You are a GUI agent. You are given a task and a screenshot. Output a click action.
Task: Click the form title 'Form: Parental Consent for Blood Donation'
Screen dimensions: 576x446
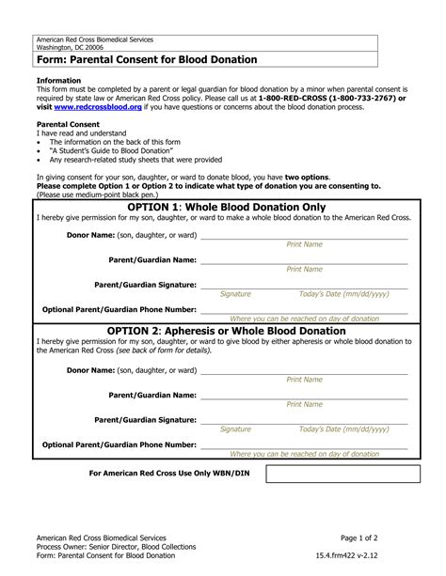pos(147,59)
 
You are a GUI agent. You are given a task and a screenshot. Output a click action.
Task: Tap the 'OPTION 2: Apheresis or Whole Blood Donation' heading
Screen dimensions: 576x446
pos(227,331)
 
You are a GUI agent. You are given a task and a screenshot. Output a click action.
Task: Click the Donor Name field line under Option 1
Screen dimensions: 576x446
pos(304,237)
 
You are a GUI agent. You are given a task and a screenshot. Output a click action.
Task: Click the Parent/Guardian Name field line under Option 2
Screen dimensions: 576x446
pos(304,397)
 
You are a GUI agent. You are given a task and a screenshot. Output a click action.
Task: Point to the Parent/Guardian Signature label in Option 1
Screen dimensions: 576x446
pos(146,284)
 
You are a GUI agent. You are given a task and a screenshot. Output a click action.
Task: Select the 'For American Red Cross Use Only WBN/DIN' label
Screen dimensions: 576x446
pos(169,474)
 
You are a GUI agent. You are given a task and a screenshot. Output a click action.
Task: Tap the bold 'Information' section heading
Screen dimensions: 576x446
pos(57,80)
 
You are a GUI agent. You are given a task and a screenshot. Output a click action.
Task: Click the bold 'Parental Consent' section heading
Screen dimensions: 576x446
pos(69,123)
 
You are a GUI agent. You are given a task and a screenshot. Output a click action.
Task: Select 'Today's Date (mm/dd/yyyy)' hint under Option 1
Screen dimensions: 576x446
pos(344,294)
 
